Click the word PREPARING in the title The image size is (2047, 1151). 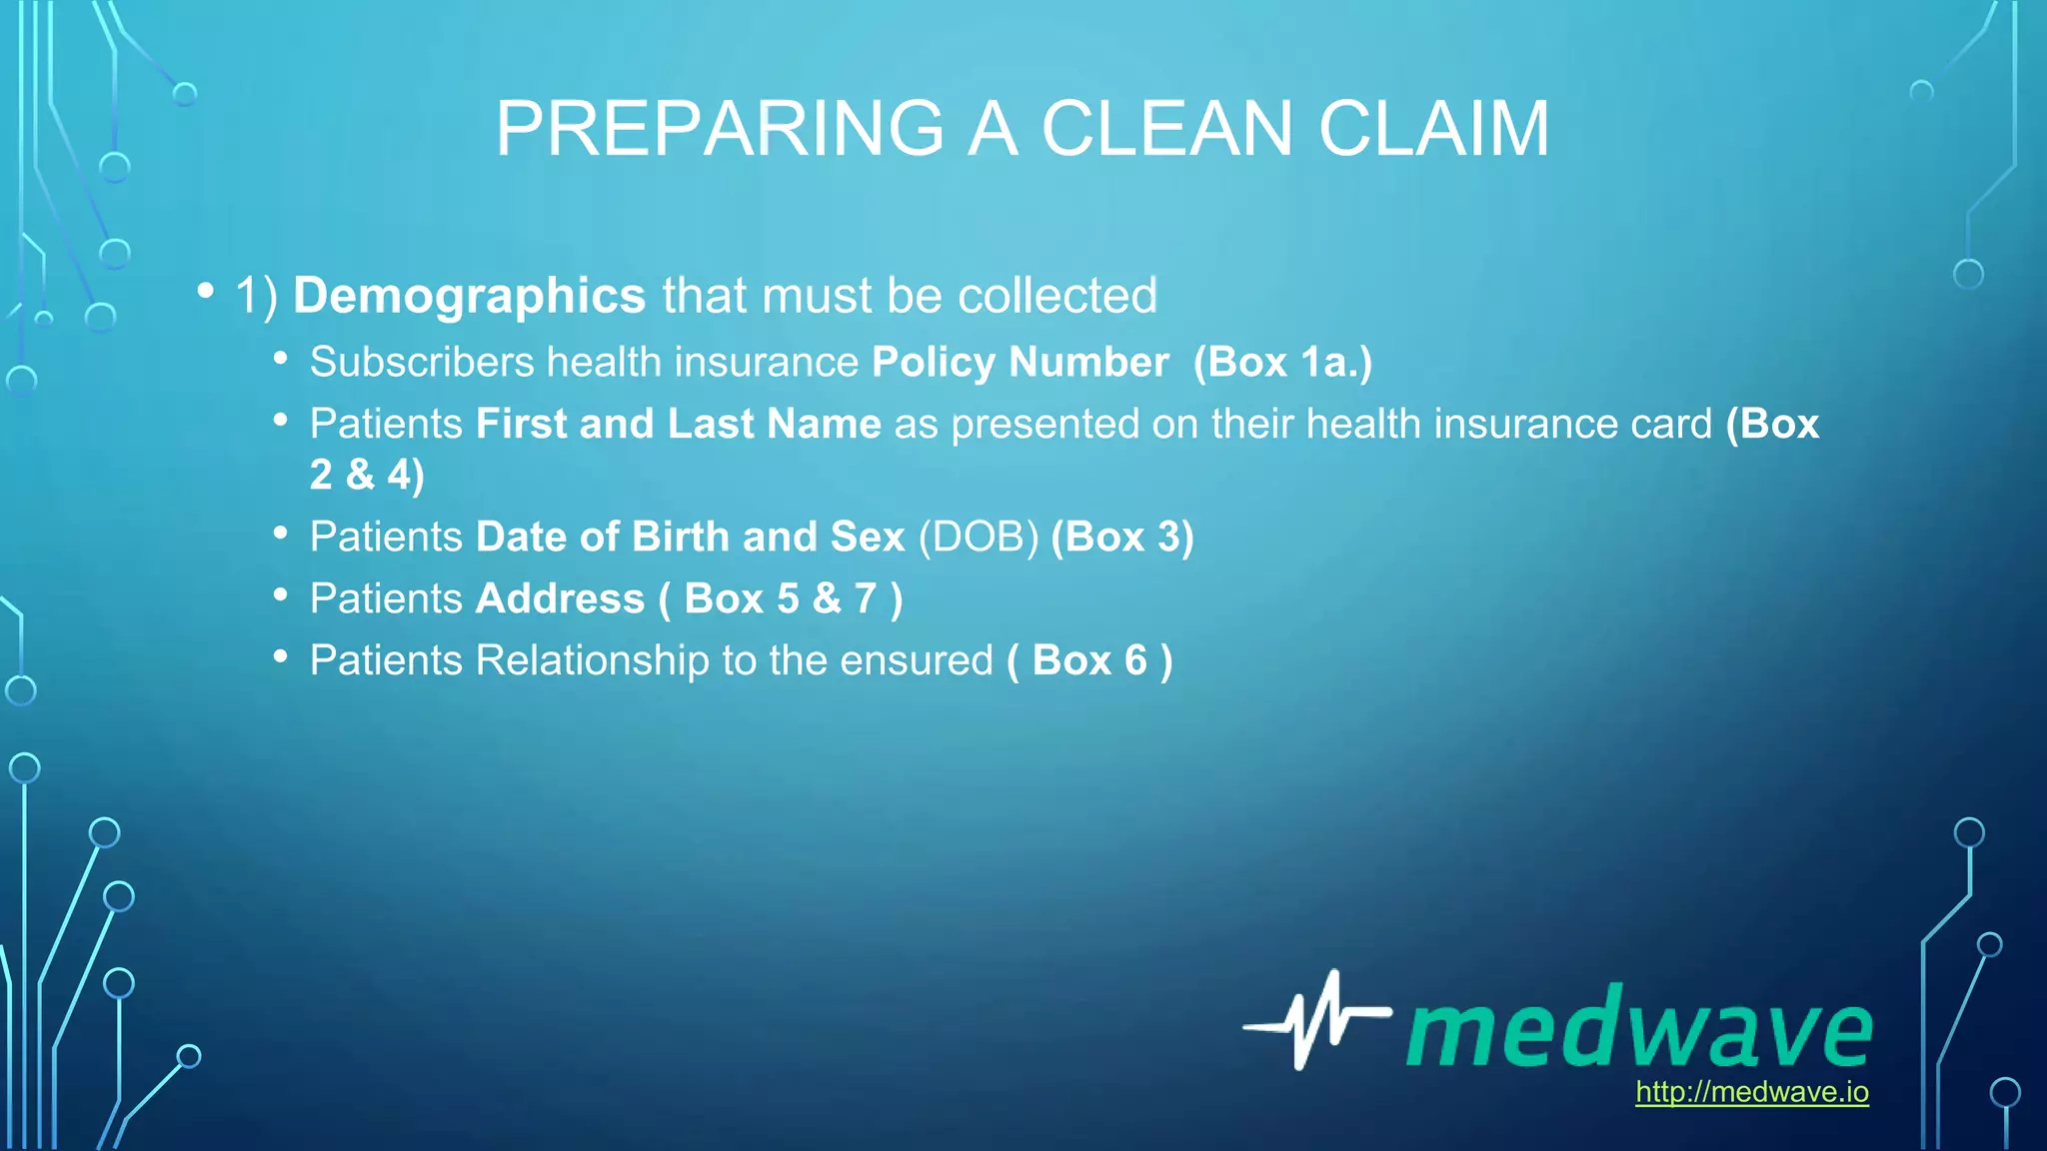click(719, 129)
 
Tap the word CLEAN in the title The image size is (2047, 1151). click(1166, 129)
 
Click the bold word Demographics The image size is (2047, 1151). click(470, 296)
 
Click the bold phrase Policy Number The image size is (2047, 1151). click(1020, 362)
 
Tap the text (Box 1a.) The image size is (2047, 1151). click(1282, 362)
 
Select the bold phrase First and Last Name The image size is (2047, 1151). click(679, 424)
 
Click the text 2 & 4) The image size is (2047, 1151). click(367, 475)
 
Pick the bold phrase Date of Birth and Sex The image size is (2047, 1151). click(691, 537)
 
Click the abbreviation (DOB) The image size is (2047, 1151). click(979, 537)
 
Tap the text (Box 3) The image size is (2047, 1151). click(1122, 537)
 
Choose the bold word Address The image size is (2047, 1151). click(561, 598)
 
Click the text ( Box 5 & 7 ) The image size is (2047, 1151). click(781, 598)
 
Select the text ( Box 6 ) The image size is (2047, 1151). click(1089, 660)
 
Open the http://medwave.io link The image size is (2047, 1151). click(1751, 1092)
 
